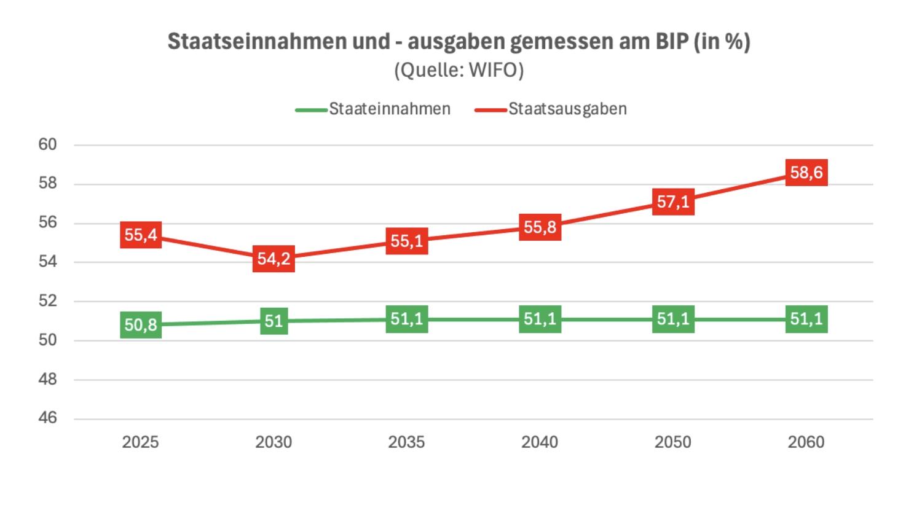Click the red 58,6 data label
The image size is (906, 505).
click(806, 173)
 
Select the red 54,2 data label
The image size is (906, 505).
click(274, 259)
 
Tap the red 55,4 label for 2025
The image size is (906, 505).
click(141, 235)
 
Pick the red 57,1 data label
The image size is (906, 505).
click(673, 202)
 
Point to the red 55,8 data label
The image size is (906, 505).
click(540, 227)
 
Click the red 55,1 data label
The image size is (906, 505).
click(406, 241)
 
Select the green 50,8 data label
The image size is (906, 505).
click(141, 324)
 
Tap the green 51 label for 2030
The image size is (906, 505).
click(274, 321)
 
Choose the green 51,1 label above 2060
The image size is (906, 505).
click(806, 319)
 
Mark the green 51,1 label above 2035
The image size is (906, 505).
click(406, 319)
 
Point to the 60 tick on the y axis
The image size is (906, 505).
click(47, 144)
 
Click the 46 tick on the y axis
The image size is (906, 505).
click(47, 418)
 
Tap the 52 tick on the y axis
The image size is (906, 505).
click(47, 300)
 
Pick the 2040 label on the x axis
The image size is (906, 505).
click(540, 442)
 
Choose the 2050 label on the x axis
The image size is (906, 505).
click(673, 442)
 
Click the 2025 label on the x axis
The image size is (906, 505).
click(141, 442)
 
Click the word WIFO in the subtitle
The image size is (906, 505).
click(494, 70)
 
